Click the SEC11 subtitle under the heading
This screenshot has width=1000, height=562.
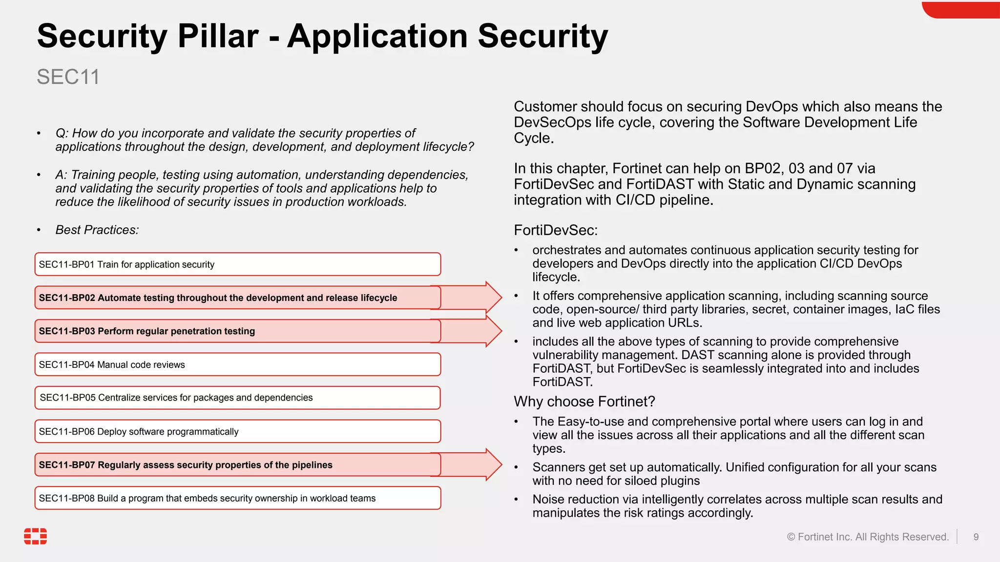click(68, 77)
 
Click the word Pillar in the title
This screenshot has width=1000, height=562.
click(218, 36)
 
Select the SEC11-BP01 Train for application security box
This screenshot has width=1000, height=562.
click(237, 264)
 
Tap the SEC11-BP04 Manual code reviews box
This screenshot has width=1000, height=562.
click(237, 364)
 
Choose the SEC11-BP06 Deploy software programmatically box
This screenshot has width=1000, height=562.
click(237, 431)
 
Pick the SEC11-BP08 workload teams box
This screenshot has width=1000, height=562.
click(237, 498)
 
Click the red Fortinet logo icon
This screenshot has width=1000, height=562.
click(36, 536)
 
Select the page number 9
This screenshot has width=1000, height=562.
click(976, 537)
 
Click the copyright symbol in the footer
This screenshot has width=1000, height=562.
click(791, 537)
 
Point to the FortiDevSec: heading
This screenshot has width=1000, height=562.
click(556, 230)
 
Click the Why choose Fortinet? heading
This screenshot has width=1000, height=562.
click(584, 401)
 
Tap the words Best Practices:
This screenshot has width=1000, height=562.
click(97, 230)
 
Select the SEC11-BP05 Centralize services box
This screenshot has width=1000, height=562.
click(237, 398)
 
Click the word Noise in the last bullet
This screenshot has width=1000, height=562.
click(548, 499)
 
